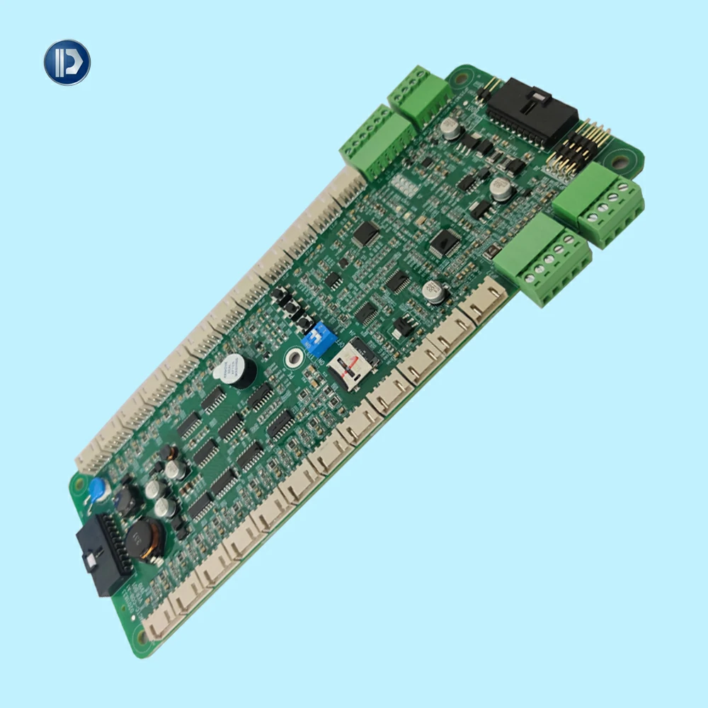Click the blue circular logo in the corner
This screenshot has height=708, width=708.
[67, 62]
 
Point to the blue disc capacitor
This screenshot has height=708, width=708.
[99, 489]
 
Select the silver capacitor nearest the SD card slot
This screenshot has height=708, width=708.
[432, 292]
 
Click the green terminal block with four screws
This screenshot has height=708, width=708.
[608, 205]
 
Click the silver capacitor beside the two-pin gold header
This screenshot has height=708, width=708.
[451, 127]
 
